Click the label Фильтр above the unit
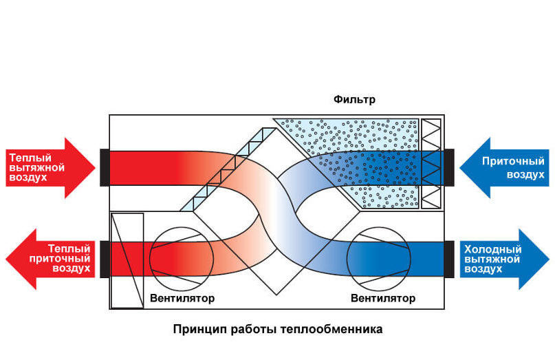coord(354,100)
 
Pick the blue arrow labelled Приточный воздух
coord(505,167)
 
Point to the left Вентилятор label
coord(182,299)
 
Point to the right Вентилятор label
coord(383,299)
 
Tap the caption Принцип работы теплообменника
coord(278,329)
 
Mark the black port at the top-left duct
coord(105,167)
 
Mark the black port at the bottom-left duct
coord(105,258)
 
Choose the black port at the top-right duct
coord(450,167)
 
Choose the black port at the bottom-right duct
coord(450,258)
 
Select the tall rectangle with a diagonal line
coord(127,260)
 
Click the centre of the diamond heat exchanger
coord(277,213)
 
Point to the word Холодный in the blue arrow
coord(493,249)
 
